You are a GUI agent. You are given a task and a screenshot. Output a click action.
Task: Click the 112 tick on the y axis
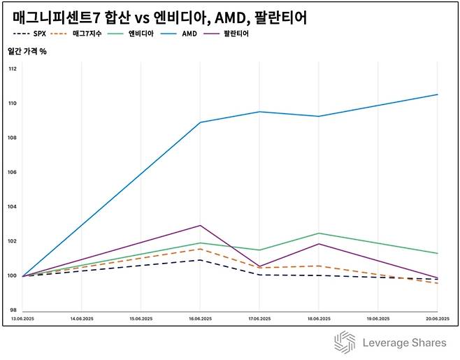(x=13, y=69)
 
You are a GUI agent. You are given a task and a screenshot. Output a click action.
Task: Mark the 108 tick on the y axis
(x=13, y=138)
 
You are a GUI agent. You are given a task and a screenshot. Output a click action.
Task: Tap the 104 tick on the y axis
(x=13, y=207)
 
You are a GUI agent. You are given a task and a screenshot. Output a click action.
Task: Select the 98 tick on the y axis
(x=13, y=310)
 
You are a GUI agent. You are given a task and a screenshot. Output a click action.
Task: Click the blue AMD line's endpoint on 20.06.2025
(x=438, y=94)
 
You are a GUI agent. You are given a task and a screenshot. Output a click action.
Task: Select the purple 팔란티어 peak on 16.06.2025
(x=201, y=226)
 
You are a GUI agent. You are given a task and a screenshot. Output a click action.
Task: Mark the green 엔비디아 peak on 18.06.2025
(x=319, y=233)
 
